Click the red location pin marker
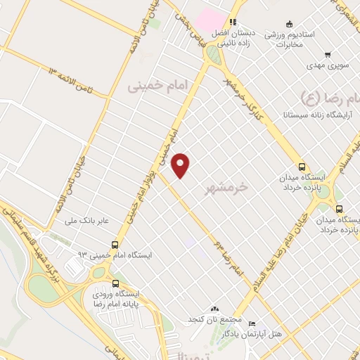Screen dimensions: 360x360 tap(181, 165)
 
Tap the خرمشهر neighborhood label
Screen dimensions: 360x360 tap(229, 188)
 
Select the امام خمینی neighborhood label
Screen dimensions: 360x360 tap(160, 86)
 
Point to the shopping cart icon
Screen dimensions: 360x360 tap(327, 55)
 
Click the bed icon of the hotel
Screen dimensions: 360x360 tap(252, 323)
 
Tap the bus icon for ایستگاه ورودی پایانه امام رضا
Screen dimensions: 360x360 tap(105, 284)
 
